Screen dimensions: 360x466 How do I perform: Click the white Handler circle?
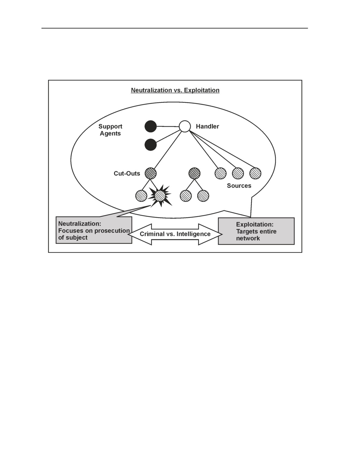(185, 127)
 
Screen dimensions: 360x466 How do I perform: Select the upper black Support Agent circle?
(150, 126)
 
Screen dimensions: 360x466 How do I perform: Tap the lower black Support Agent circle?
(150, 145)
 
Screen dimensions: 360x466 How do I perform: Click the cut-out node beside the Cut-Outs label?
(150, 173)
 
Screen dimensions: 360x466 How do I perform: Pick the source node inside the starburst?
(160, 196)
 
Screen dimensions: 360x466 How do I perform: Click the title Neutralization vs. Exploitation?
(175, 90)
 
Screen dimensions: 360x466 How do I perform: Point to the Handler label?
(207, 126)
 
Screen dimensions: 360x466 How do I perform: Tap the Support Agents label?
(110, 130)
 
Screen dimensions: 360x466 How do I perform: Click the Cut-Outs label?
(127, 173)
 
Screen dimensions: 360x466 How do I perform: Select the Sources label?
(239, 186)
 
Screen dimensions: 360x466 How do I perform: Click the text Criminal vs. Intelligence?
(175, 234)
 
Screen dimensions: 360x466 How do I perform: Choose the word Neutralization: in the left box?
(80, 223)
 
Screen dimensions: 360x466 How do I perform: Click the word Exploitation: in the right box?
(255, 224)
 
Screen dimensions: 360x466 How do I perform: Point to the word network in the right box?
(248, 238)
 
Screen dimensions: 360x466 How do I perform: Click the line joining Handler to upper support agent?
(168, 127)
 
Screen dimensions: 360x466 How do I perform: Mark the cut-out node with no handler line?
(195, 173)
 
